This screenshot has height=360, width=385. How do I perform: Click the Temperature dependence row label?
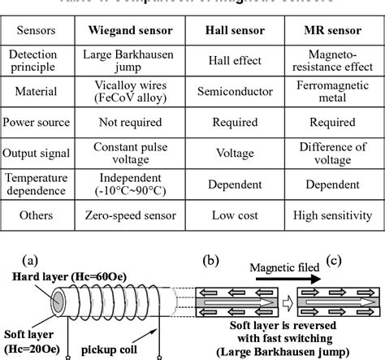click(x=37, y=184)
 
